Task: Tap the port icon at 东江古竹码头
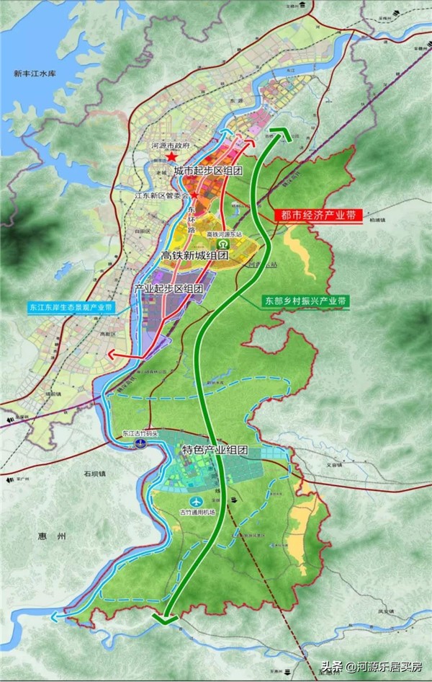141,444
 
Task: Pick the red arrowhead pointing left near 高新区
112,354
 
